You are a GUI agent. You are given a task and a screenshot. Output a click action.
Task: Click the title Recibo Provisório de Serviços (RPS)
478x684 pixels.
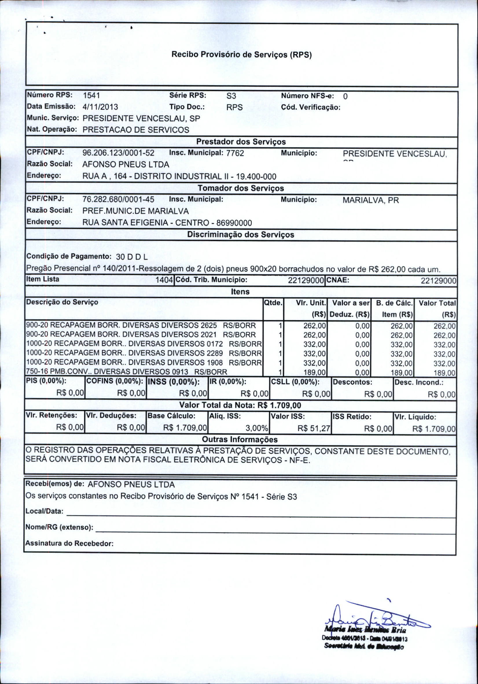pos(241,55)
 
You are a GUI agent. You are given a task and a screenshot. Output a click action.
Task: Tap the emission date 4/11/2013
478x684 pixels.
pos(100,107)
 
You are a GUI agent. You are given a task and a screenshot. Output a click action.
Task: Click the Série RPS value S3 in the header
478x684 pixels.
pos(231,96)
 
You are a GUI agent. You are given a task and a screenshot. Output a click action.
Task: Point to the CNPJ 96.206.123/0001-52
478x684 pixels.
pos(118,153)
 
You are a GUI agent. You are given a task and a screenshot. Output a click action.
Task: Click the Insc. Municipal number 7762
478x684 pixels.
pos(235,153)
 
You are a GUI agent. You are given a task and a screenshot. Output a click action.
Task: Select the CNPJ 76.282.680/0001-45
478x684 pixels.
pos(118,200)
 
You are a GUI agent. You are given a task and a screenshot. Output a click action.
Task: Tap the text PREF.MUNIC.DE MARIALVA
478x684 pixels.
pos(136,211)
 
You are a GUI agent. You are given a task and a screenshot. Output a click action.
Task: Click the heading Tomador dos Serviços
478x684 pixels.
pos(241,188)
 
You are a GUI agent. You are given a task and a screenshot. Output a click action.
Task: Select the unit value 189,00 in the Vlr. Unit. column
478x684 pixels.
pos(315,373)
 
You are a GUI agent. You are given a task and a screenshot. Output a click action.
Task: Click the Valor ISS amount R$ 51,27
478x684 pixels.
pos(314,428)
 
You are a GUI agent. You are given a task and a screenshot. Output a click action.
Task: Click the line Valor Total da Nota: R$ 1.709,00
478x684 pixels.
pos(240,405)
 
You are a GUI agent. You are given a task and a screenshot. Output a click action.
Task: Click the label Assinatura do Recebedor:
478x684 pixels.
pos(69,543)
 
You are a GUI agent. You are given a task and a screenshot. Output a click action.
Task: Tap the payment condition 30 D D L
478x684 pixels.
pos(132,257)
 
